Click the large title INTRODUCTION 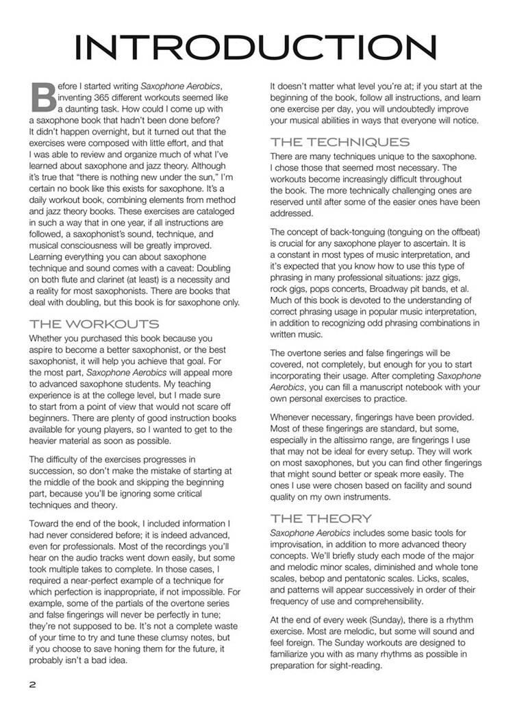[255, 48]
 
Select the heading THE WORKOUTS [94, 324]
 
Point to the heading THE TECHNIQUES [340, 142]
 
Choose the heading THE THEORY [321, 518]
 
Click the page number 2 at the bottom [32, 685]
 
